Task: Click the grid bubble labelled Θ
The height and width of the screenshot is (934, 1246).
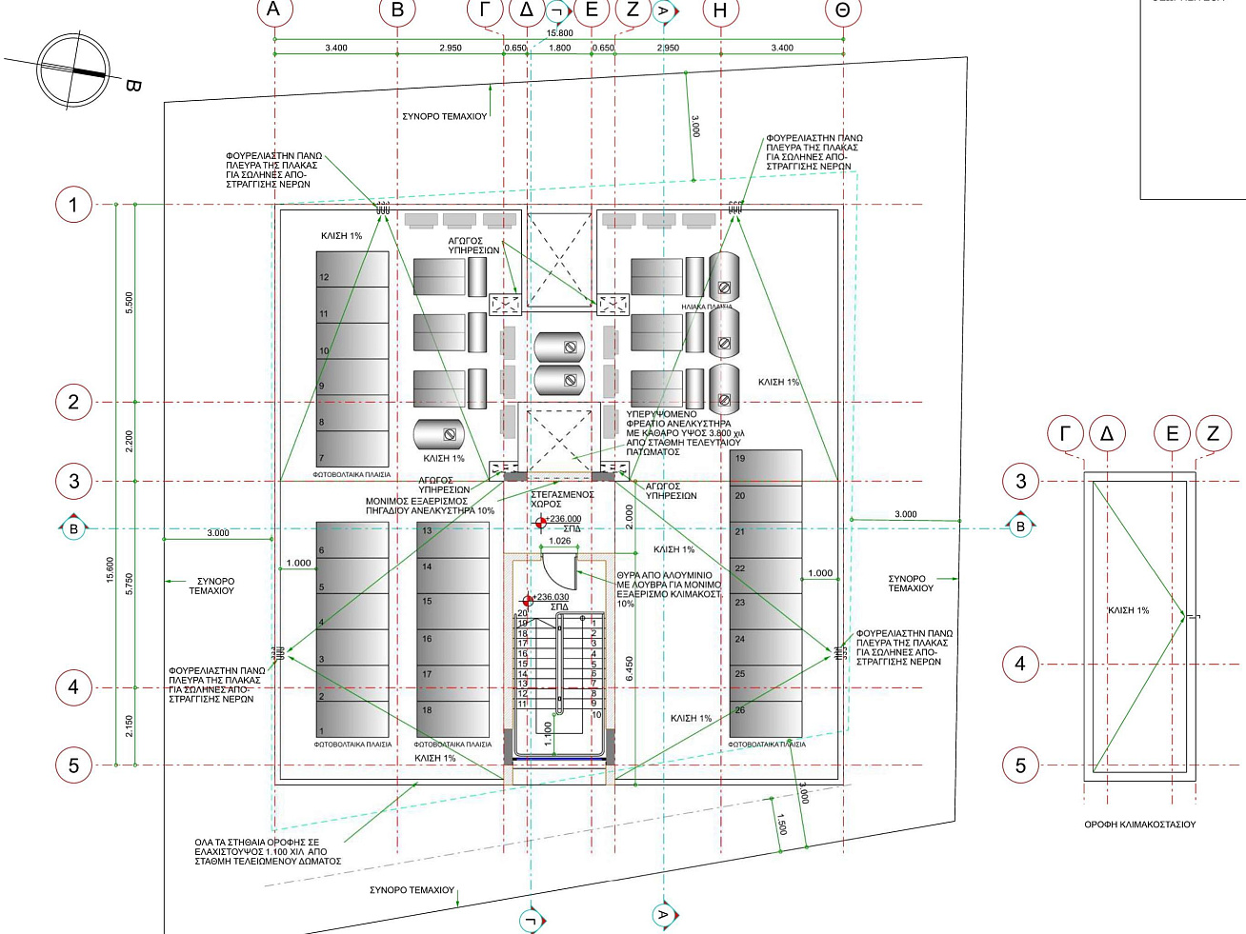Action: point(842,10)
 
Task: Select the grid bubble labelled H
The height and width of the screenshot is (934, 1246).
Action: point(720,10)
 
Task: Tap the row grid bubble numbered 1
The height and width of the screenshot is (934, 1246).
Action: point(73,205)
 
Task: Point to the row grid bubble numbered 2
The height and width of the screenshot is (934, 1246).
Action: point(73,402)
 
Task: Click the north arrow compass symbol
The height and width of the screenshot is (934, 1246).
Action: point(73,70)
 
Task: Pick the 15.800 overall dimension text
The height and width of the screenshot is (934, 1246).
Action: point(560,33)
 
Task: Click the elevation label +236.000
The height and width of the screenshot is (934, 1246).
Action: point(563,519)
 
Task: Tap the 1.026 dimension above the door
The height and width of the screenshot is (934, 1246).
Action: point(560,541)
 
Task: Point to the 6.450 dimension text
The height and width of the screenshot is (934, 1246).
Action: point(630,667)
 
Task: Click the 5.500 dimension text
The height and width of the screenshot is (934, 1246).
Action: point(130,303)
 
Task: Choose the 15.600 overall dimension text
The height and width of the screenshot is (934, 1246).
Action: point(111,569)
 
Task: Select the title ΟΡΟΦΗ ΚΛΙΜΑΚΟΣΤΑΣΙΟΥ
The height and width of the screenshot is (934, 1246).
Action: point(1139,825)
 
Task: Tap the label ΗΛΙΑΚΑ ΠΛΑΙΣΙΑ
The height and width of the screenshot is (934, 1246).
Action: point(707,307)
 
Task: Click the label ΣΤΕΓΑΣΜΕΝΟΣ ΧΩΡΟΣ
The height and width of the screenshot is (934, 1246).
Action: point(562,499)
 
